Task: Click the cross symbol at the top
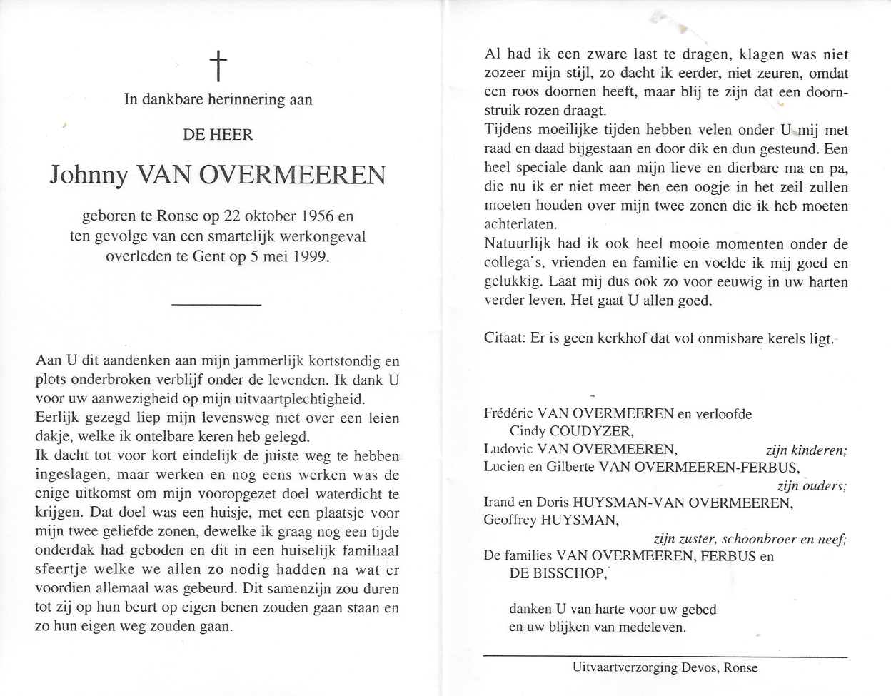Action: click(218, 66)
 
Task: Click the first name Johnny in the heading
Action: click(89, 176)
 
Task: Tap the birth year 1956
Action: click(318, 216)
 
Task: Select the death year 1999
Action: click(311, 256)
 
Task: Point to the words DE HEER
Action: click(218, 135)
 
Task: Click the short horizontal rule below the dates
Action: click(217, 305)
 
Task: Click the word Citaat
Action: click(504, 338)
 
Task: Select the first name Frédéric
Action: click(508, 413)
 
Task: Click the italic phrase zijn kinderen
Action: click(806, 450)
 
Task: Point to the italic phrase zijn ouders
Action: click(812, 486)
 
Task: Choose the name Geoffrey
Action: click(510, 520)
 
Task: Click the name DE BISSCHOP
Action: click(558, 573)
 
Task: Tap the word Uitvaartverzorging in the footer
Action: click(625, 667)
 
